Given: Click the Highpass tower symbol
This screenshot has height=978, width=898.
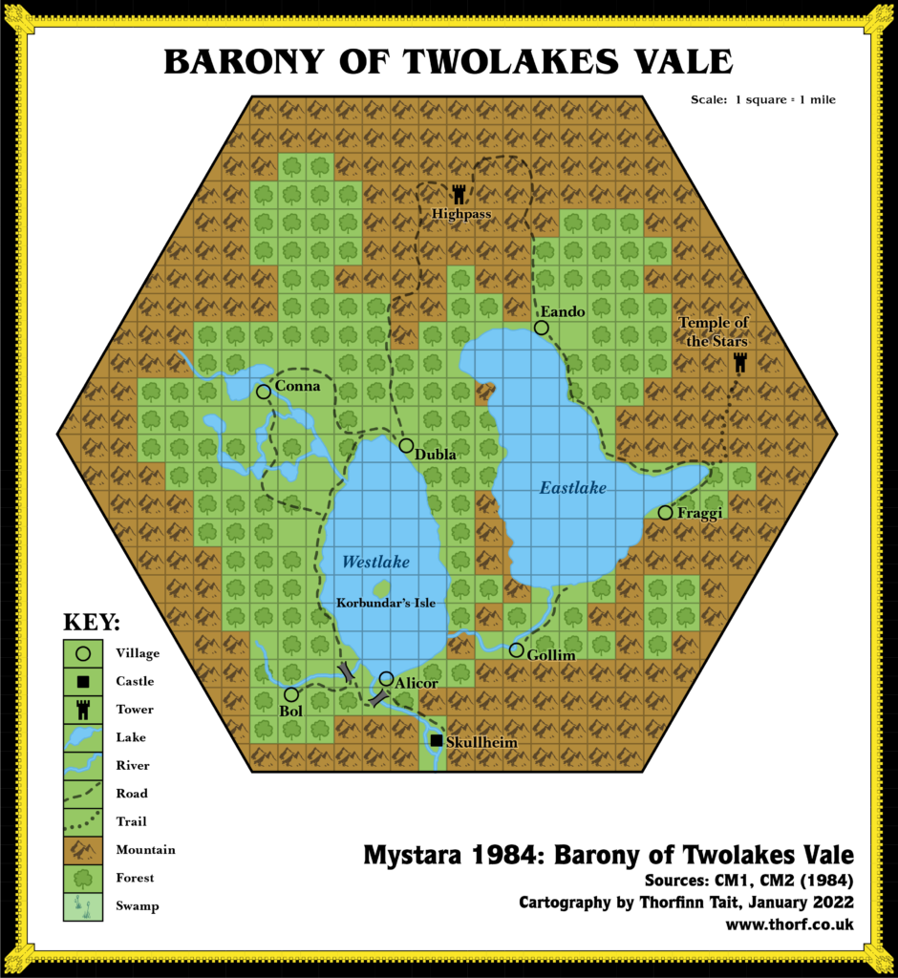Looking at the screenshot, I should (460, 194).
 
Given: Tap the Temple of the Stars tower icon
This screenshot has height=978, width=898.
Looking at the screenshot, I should (739, 363).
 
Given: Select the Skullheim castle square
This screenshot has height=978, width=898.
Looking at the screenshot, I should (437, 741).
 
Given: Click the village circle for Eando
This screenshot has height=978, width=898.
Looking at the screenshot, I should (541, 328).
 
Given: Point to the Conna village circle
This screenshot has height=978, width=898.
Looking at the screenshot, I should (263, 392).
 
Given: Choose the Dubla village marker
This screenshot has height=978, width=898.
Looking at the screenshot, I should (406, 446).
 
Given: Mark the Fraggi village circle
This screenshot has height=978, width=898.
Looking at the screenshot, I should (665, 513).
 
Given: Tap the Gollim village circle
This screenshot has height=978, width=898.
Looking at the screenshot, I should (516, 650).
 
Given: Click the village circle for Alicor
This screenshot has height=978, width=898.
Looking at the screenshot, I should (386, 678).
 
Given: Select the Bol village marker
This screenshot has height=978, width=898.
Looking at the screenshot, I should (291, 694).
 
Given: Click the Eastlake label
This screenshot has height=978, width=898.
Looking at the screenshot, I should (573, 488).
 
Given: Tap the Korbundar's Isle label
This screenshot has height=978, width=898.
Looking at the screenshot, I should (380, 604).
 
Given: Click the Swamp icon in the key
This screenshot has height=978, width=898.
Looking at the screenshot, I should (83, 905).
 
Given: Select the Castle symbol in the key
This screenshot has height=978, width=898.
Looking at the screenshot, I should (83, 682).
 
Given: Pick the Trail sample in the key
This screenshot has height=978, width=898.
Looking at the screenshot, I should (83, 821).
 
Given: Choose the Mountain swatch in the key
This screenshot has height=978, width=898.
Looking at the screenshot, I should (83, 849).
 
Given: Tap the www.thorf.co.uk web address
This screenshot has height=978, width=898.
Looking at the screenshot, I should (789, 925).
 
